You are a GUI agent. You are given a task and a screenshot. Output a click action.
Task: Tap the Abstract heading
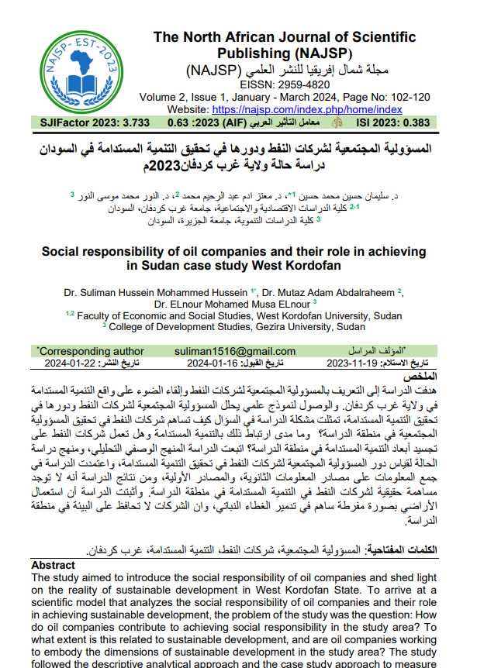[53, 566]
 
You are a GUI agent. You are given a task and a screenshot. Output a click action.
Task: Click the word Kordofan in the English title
[313, 266]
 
